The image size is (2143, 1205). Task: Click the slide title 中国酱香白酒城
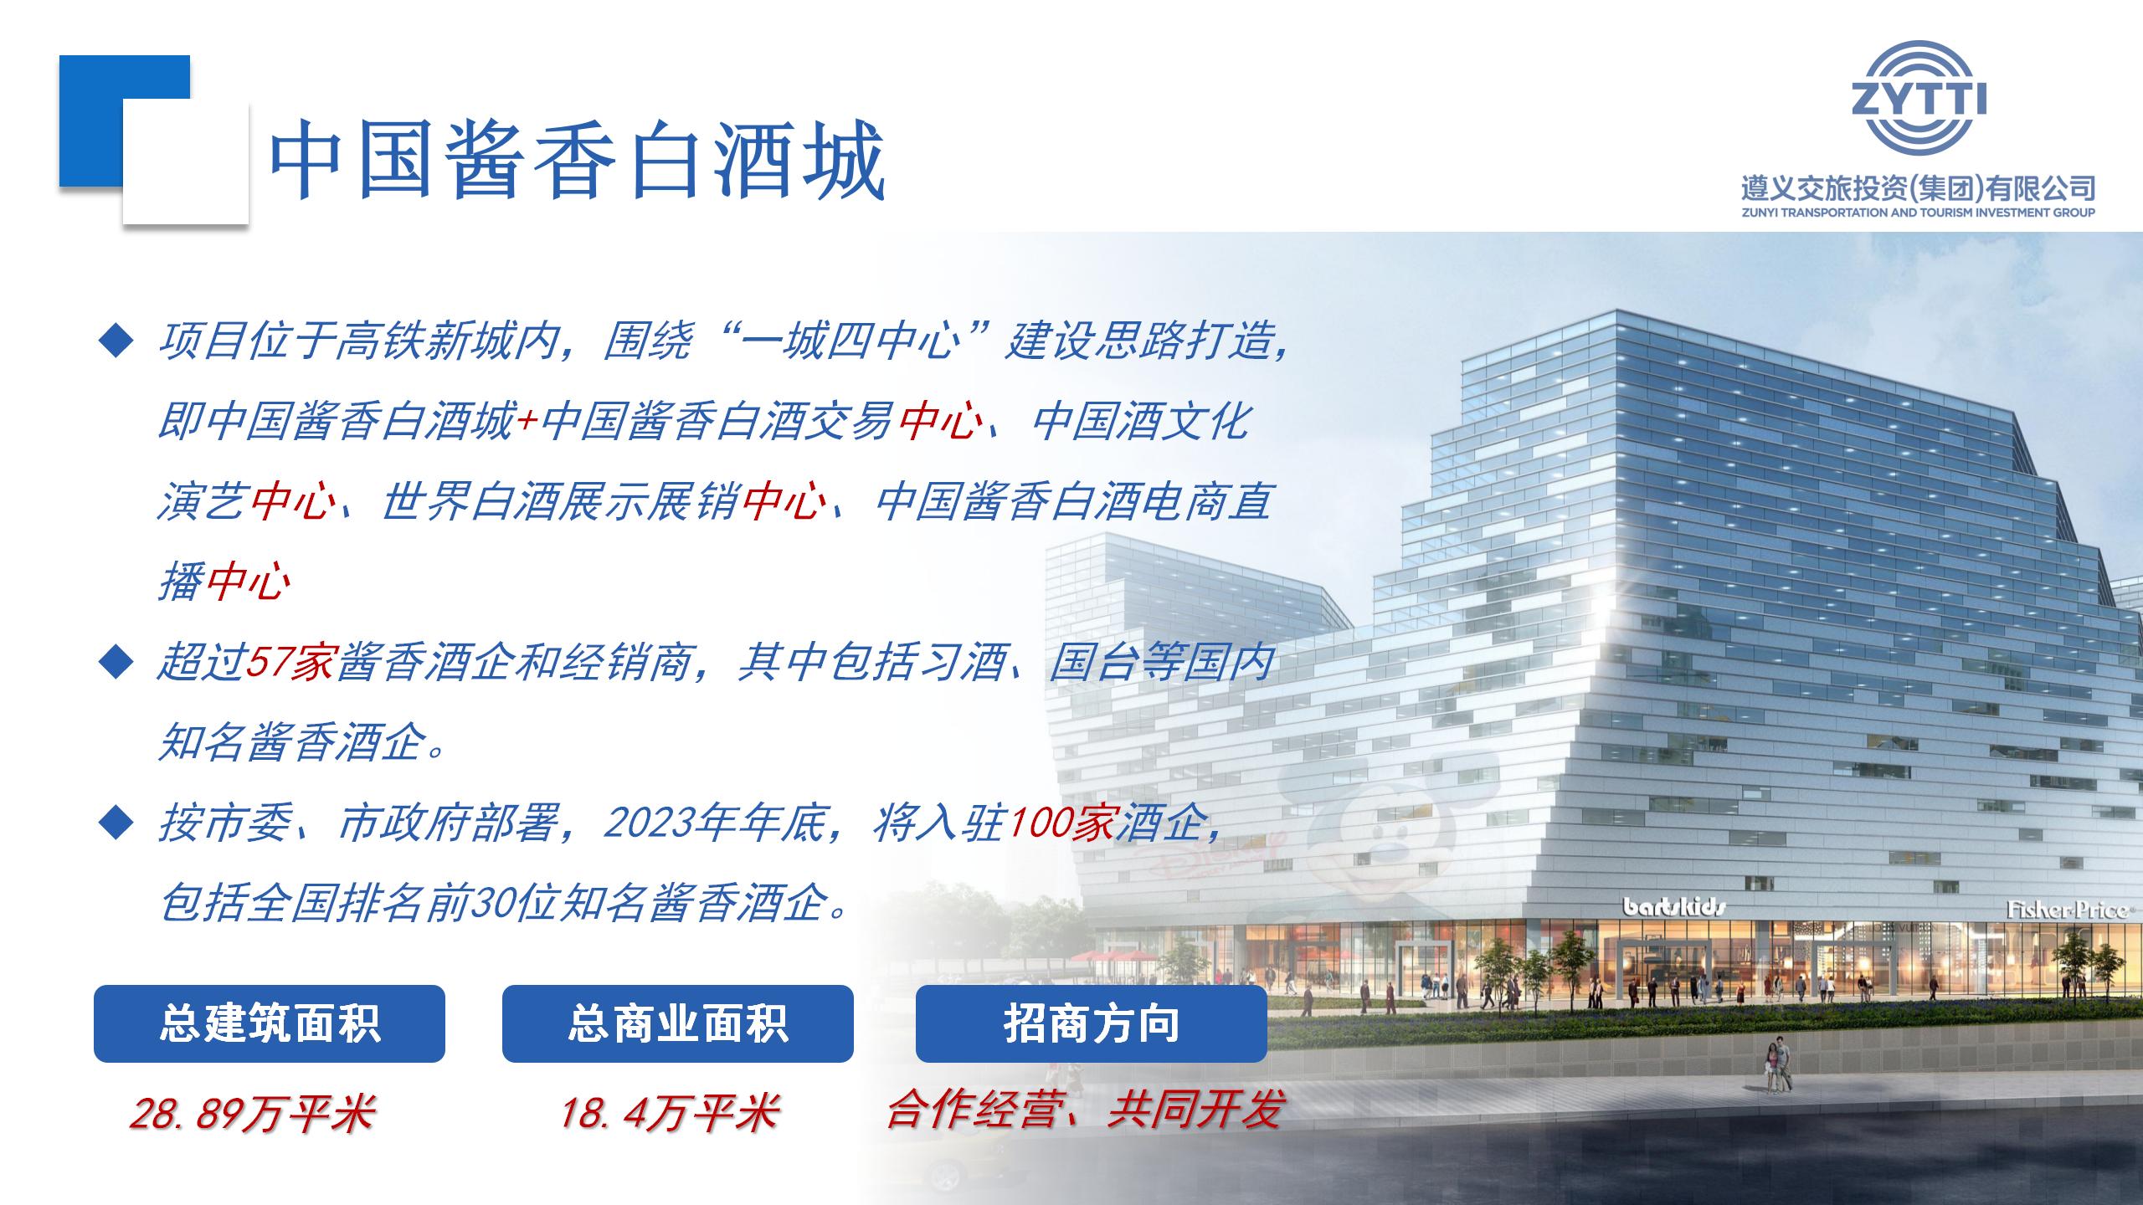coord(578,159)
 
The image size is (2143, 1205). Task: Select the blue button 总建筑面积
coord(270,1023)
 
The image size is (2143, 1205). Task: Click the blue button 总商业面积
coord(678,1023)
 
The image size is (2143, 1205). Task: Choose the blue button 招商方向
coord(1092,1023)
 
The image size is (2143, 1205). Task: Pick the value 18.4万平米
coord(670,1114)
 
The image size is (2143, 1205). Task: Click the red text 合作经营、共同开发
coord(1085,1110)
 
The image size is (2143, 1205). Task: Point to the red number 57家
coord(290,663)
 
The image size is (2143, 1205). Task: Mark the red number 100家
coord(1061,823)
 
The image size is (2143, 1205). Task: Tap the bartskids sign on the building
coord(1674,906)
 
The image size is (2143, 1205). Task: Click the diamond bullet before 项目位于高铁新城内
coord(116,341)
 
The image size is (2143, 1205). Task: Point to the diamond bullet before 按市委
coord(116,823)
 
